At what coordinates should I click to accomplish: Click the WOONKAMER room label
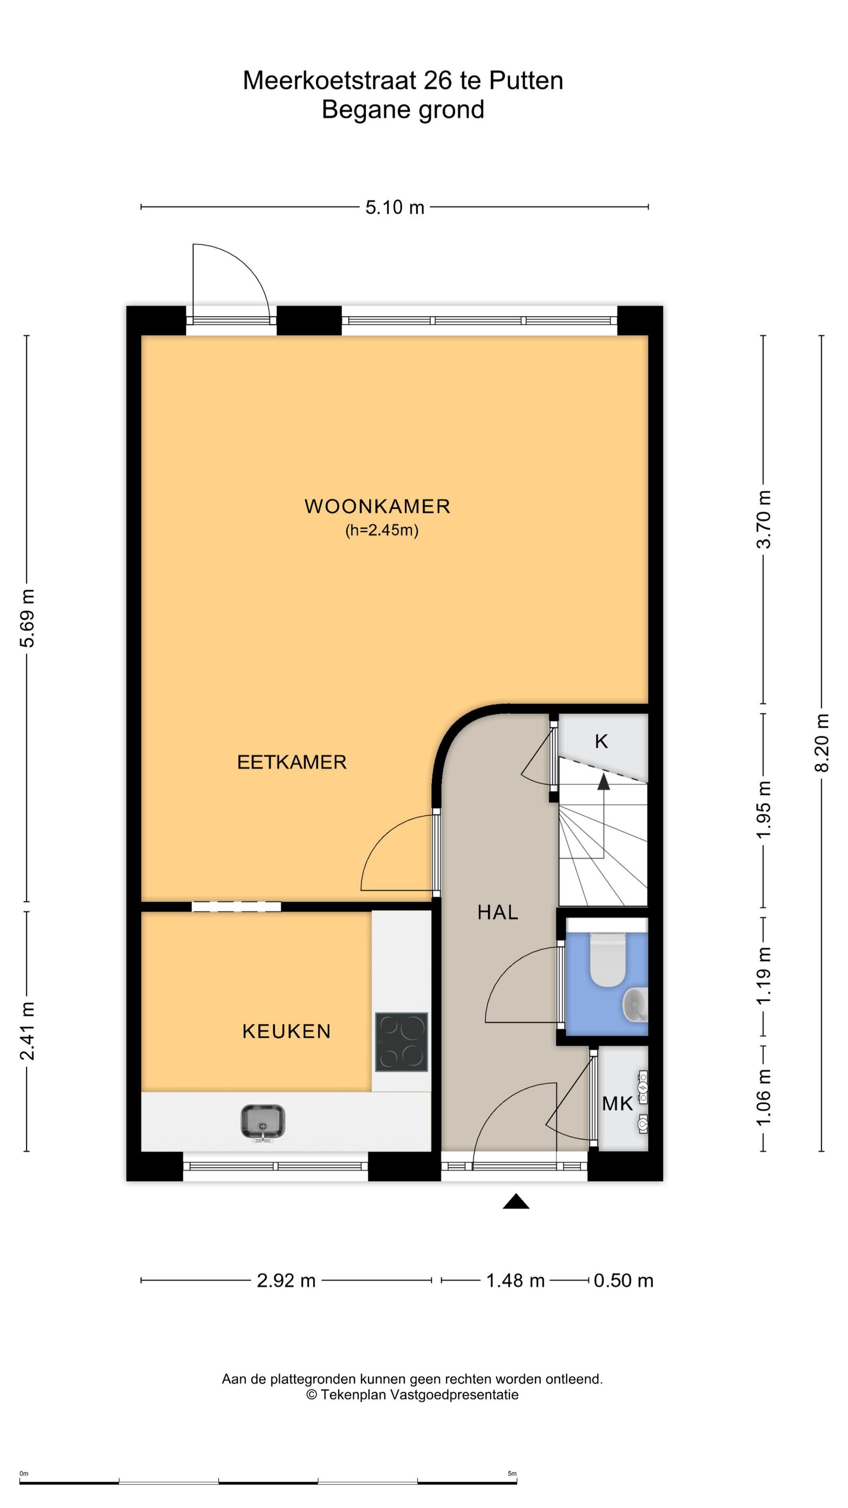(377, 506)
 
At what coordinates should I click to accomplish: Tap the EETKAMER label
(292, 762)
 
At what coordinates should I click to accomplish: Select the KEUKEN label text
(287, 1031)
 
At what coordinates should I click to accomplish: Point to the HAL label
(498, 912)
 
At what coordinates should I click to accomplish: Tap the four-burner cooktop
(401, 1042)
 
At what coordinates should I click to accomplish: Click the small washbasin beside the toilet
(634, 1005)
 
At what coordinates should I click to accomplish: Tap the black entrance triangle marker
(516, 1201)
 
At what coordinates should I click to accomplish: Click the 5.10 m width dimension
(395, 207)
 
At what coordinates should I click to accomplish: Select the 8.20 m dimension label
(822, 742)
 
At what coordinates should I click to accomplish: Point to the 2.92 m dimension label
(286, 1281)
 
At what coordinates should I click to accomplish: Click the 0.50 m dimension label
(623, 1281)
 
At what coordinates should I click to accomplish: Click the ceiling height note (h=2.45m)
(382, 530)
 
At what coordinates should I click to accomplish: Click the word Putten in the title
(526, 81)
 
